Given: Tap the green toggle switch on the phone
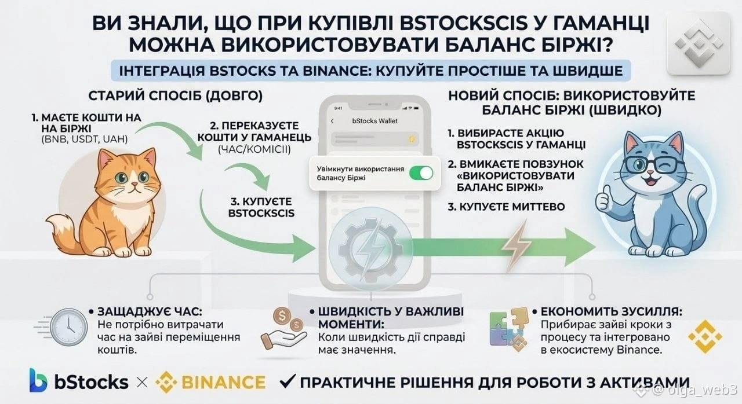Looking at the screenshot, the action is (x=421, y=173).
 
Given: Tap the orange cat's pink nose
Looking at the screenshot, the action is (x=134, y=184).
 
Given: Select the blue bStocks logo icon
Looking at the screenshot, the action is (x=38, y=380).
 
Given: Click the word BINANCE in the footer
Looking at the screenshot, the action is (x=224, y=382).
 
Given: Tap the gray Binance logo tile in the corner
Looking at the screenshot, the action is (x=699, y=43).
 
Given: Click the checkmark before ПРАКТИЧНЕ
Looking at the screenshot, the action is (x=287, y=381).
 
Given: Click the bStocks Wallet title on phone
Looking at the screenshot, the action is (x=374, y=121).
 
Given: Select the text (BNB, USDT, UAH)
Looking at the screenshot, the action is (x=85, y=139).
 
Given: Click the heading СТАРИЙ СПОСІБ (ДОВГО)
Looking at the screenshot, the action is (x=176, y=96).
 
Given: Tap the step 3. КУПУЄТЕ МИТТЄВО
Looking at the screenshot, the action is (x=507, y=207).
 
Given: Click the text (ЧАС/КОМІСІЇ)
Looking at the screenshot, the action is (x=254, y=150).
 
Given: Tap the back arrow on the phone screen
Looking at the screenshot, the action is (x=332, y=121).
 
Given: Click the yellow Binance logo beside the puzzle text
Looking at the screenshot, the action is (x=705, y=336).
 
